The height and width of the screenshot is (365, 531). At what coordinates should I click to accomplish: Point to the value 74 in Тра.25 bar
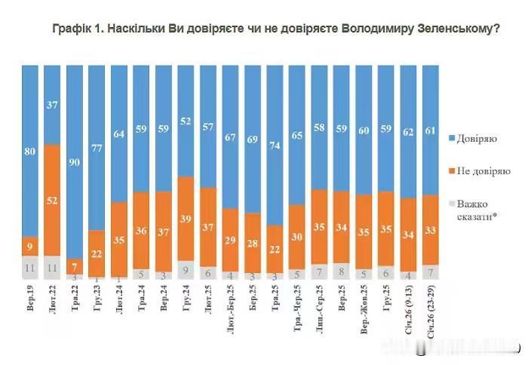tap(275, 149)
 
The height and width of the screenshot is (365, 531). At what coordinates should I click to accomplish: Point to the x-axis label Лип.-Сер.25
tap(319, 305)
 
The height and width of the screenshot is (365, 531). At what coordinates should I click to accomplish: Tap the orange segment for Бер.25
tap(253, 244)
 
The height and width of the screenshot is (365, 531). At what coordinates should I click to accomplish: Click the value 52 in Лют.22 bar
tap(53, 201)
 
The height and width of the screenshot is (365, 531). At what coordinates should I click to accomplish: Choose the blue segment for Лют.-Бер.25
tap(231, 136)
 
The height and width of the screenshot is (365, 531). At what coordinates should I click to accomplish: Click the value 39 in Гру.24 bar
tap(186, 219)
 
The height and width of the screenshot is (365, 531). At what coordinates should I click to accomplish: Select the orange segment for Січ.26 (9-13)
tap(408, 235)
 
